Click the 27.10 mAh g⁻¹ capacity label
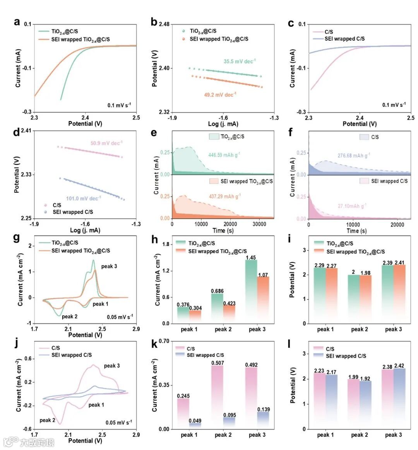pos(352,206)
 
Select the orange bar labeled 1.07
pos(263,300)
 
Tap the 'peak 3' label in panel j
pos(112,366)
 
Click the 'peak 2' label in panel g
pos(70,317)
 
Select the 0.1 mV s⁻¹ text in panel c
pos(394,105)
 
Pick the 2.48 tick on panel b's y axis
pos(164,24)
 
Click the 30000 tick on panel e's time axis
pos(259,224)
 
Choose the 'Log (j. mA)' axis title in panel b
pos(223,124)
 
